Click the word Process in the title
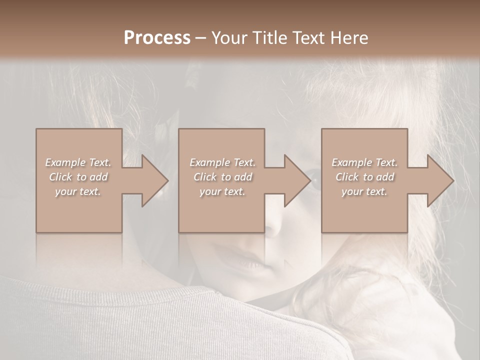click(x=157, y=38)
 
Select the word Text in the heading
click(x=307, y=38)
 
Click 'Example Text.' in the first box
click(x=78, y=162)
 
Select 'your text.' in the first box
click(x=78, y=191)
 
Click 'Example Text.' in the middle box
click(x=222, y=162)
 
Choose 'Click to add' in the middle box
click(x=222, y=177)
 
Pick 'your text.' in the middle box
click(x=222, y=191)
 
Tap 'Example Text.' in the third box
click(x=364, y=162)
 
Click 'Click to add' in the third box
click(x=364, y=177)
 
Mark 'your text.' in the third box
click(x=364, y=191)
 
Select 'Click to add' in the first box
click(x=78, y=177)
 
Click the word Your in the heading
click(x=230, y=38)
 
